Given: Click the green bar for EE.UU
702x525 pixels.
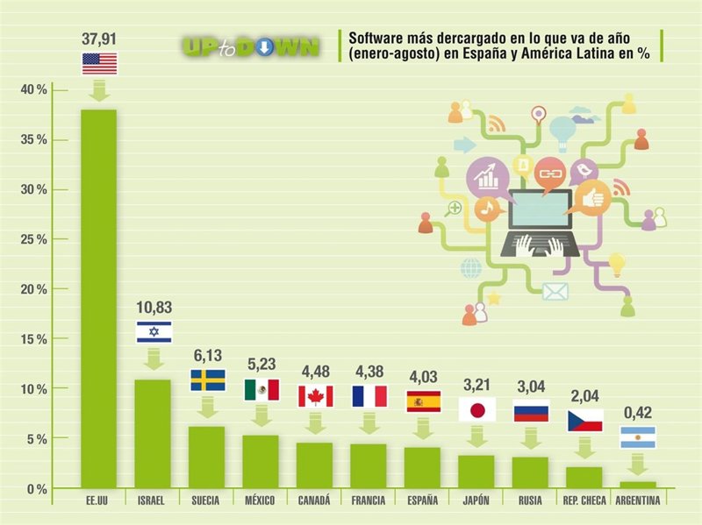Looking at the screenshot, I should tap(98, 298).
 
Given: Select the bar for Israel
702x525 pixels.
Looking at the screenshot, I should tap(152, 433).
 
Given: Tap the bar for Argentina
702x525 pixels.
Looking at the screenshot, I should tap(638, 485).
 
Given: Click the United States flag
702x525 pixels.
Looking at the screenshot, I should tap(99, 64).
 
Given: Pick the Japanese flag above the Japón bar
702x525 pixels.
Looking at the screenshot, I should tap(476, 409).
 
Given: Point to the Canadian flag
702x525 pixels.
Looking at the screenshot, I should tap(315, 396).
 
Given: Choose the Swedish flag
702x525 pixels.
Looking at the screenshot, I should tap(208, 380).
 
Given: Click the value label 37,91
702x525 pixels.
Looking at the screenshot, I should tap(99, 38).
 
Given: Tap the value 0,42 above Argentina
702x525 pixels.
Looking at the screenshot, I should tap(638, 412).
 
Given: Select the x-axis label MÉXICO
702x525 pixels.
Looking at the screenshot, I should tap(260, 501).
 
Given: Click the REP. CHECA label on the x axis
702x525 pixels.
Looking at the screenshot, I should tap(584, 501).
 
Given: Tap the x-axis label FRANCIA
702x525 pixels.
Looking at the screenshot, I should tap(369, 501).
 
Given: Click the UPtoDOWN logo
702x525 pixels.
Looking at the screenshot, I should tap(250, 46).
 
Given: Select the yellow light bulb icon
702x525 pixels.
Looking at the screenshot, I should tap(617, 261).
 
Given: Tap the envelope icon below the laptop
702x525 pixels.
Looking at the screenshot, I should tap(555, 291).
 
